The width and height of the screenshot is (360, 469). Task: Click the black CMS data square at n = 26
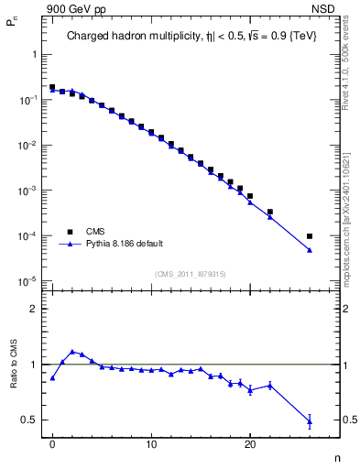[x=310, y=236]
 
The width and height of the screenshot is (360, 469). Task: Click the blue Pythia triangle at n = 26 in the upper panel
[x=310, y=249]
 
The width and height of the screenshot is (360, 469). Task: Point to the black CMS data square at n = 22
[x=270, y=212]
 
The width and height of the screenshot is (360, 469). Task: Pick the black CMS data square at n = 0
[x=52, y=88]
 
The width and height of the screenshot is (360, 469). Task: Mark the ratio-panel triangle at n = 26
[x=310, y=421]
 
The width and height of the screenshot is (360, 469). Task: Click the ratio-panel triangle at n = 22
[x=270, y=386]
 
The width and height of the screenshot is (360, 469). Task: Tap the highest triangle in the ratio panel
[x=72, y=351]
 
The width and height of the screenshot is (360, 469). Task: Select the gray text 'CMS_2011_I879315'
[x=190, y=274]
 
